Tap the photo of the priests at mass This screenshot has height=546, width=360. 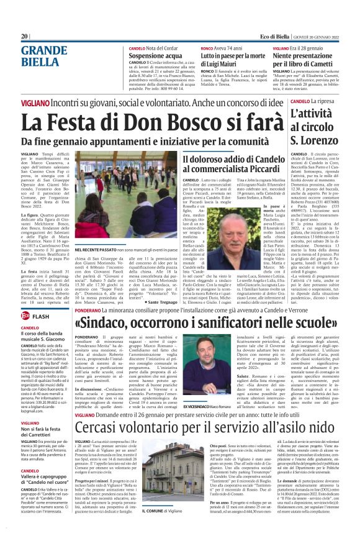pyautogui.click(x=110, y=194)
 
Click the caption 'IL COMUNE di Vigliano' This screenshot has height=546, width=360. pyautogui.click(x=163, y=527)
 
